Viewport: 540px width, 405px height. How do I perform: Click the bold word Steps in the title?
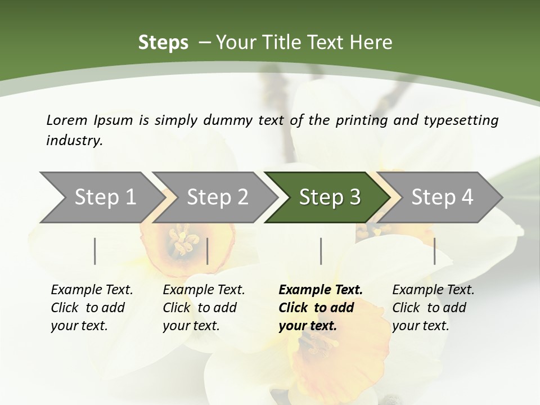pos(163,43)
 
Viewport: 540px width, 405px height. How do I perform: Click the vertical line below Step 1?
pos(95,251)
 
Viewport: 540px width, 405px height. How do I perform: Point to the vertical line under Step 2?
pos(208,251)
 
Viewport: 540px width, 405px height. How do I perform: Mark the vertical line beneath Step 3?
pos(321,251)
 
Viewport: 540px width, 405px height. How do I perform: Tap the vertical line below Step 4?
pos(434,251)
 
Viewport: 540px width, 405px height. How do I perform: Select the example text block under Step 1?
pos(92,308)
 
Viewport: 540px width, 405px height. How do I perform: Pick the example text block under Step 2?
pos(204,308)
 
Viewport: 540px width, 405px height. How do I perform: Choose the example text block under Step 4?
pos(433,308)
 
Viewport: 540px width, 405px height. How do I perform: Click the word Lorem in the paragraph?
pos(67,120)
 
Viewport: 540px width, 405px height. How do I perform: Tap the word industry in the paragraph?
pos(74,140)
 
